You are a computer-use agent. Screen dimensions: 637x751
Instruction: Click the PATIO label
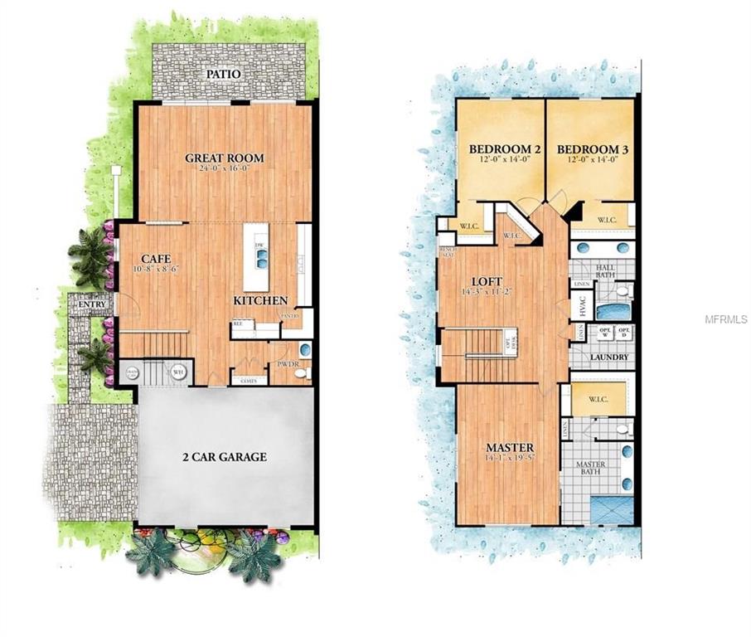pos(224,74)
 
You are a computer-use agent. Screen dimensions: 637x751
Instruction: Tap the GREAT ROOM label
pos(224,158)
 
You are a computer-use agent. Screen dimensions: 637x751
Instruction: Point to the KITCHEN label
pos(260,300)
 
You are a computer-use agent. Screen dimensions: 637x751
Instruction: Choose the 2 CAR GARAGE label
pos(224,457)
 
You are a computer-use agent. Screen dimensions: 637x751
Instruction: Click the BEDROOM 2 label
pos(505,150)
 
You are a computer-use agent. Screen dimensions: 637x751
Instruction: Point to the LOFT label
pos(482,280)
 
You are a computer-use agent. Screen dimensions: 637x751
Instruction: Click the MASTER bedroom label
pos(509,448)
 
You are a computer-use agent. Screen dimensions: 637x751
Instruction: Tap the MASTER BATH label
pos(590,469)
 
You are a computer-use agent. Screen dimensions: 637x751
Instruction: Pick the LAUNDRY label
pos(609,357)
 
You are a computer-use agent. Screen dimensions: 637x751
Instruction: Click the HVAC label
pos(580,306)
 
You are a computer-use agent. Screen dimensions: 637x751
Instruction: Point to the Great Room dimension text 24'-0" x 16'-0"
pos(224,168)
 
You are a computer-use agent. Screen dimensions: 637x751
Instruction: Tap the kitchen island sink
pos(262,258)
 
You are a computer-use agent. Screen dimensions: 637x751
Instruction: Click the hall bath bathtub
pos(613,312)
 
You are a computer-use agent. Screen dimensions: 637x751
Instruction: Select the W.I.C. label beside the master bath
pos(598,398)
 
